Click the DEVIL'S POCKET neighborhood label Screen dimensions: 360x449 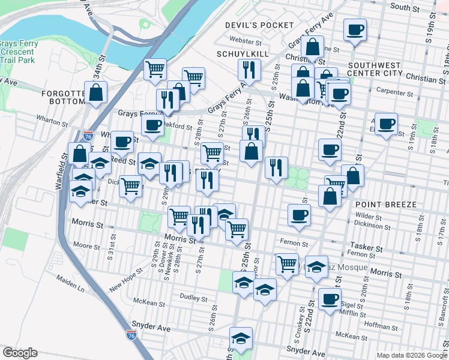click(x=259, y=25)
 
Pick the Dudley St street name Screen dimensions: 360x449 click(x=194, y=298)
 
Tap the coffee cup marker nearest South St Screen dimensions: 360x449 click(x=355, y=30)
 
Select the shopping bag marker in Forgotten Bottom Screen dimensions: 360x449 click(x=96, y=93)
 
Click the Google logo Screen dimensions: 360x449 click(x=20, y=353)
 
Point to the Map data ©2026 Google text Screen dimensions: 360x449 click(x=412, y=355)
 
